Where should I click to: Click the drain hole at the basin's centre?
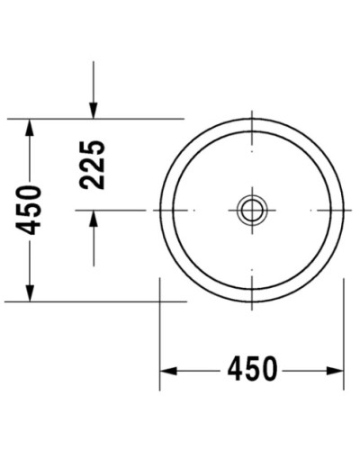coord(252,210)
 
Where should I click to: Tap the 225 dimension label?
coord(93,164)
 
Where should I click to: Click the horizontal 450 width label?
coord(252,370)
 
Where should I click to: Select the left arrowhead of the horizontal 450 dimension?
coord(168,370)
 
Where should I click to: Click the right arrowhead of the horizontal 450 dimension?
coord(336,370)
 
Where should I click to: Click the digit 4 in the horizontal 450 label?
coord(235,370)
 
